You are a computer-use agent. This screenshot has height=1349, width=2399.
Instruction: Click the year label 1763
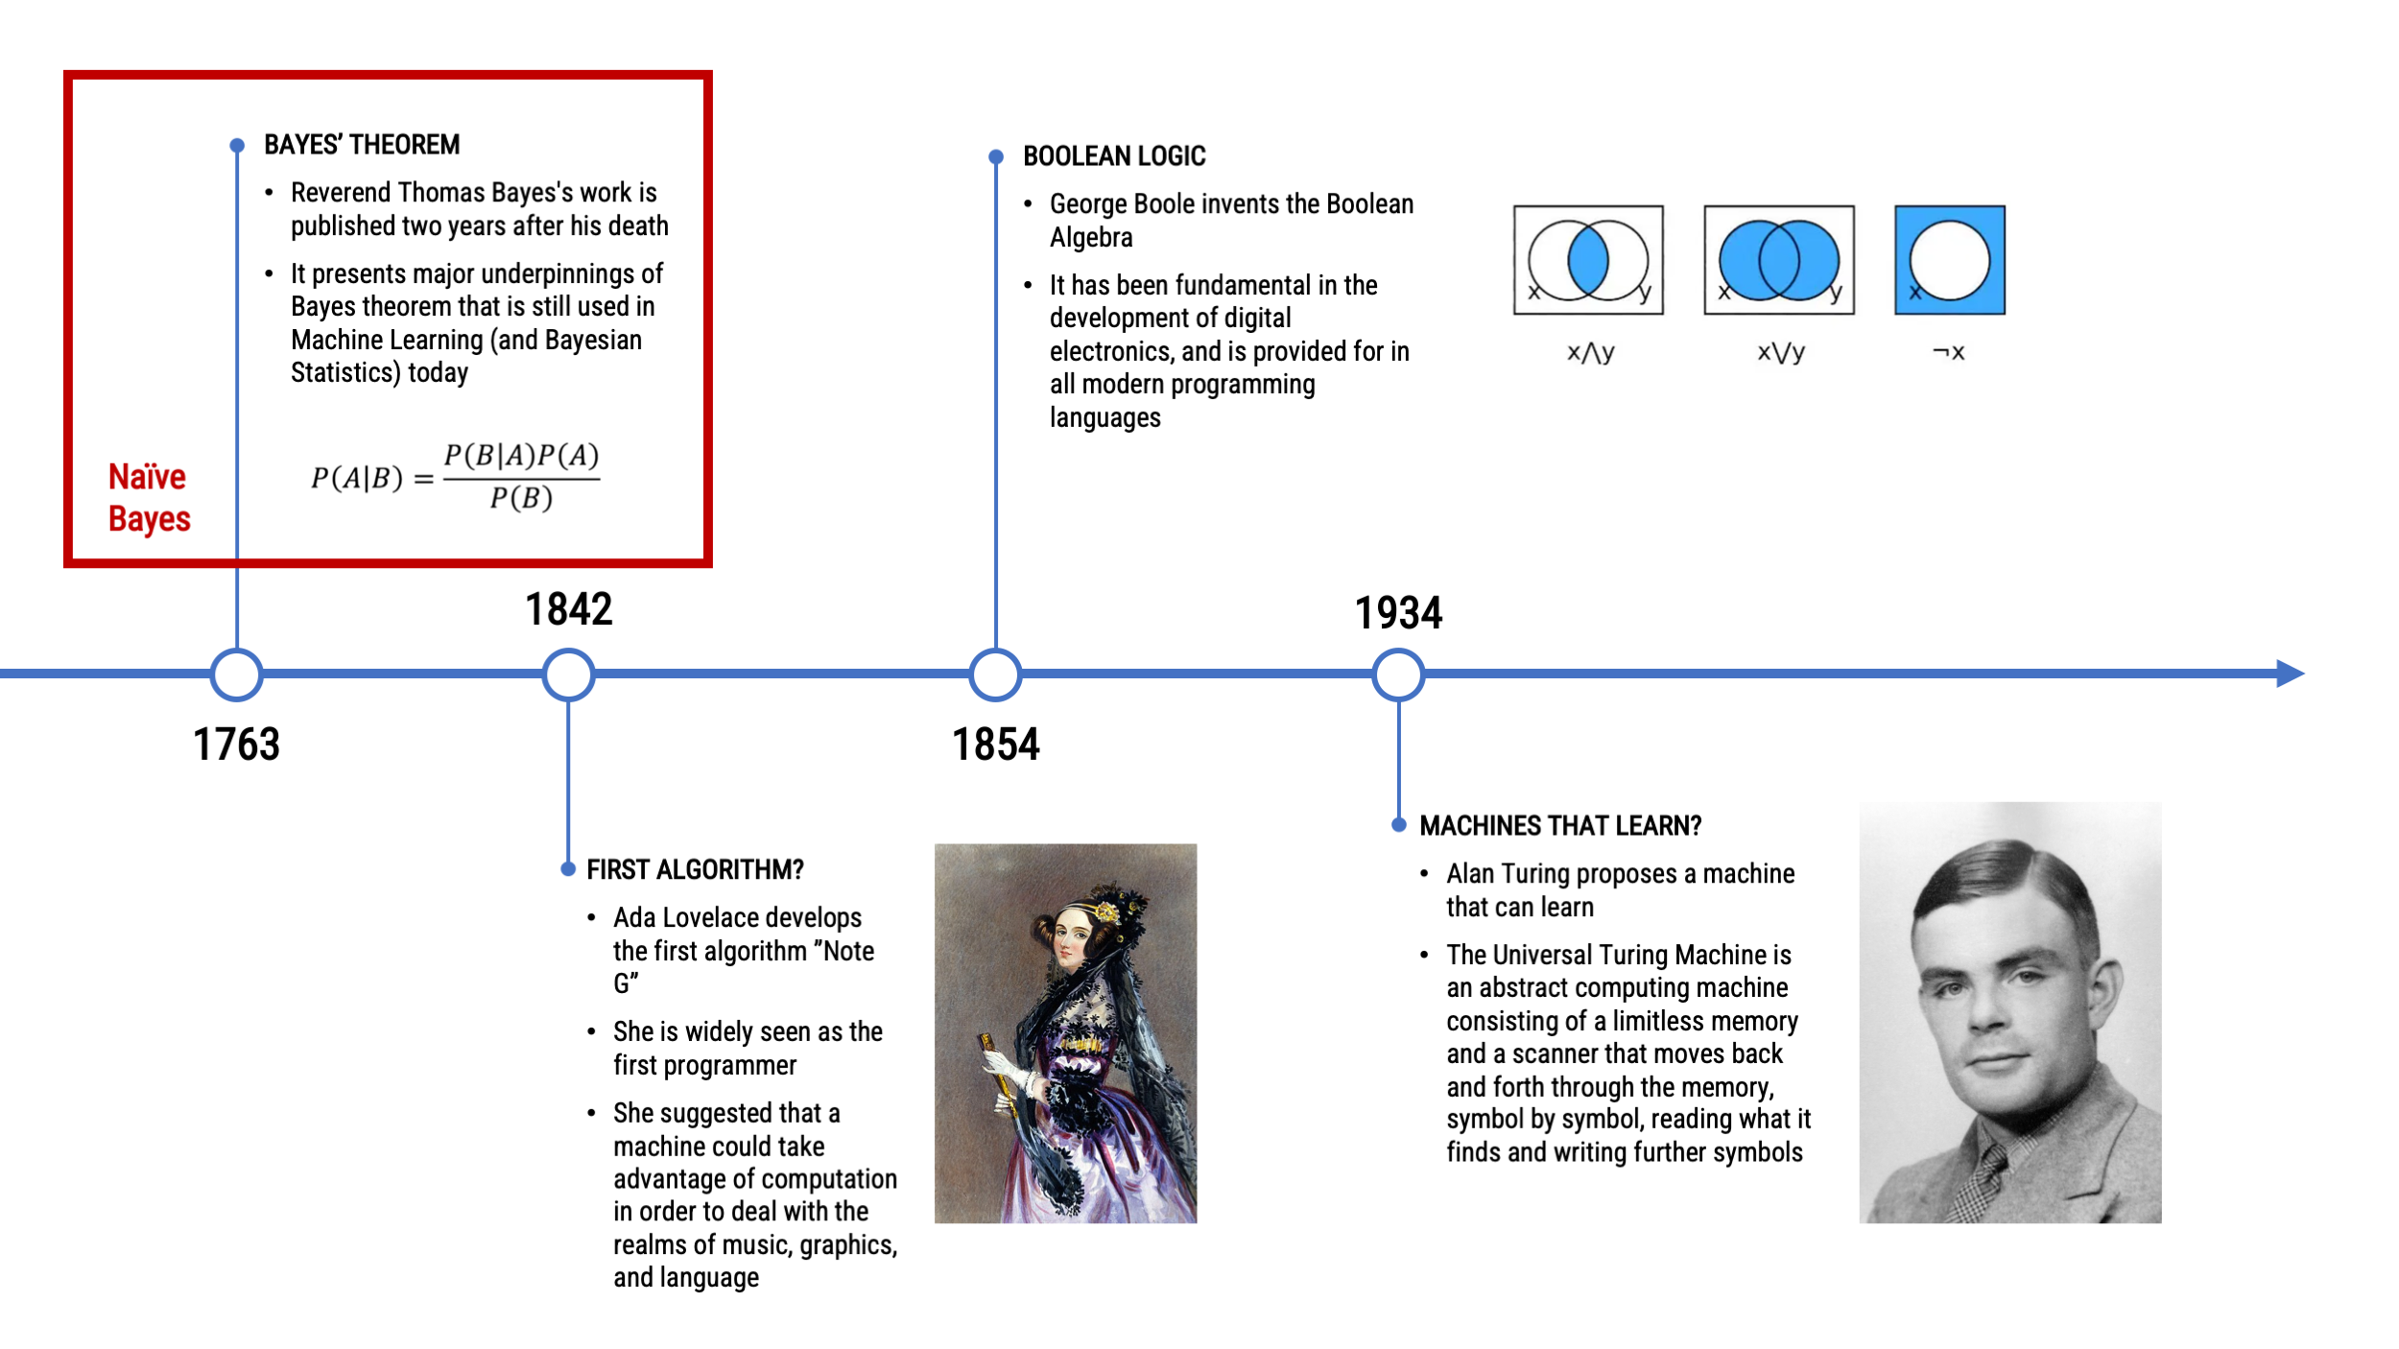tap(236, 745)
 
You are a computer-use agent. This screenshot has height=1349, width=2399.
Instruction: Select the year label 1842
tap(568, 609)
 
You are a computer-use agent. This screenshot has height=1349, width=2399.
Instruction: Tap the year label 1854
tap(995, 745)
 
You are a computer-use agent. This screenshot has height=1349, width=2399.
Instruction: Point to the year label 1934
tap(1398, 613)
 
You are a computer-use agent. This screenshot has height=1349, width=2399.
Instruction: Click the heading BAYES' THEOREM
tap(362, 145)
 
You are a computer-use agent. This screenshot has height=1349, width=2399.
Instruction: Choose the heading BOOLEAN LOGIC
tap(1114, 156)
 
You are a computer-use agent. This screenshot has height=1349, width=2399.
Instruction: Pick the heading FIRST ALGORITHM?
tap(695, 870)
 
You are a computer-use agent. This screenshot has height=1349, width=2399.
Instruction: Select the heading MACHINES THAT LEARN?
tap(1560, 826)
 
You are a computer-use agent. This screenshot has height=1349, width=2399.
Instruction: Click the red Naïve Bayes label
tap(149, 498)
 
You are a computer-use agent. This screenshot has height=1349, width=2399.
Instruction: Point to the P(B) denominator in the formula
tap(521, 498)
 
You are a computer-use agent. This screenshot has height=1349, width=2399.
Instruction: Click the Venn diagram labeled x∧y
tap(1588, 260)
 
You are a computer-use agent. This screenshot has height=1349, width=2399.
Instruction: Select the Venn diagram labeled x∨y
tap(1779, 260)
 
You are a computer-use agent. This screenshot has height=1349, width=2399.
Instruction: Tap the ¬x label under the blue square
tap(1949, 352)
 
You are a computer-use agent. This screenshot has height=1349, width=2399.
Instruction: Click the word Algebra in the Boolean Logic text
tap(1091, 238)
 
